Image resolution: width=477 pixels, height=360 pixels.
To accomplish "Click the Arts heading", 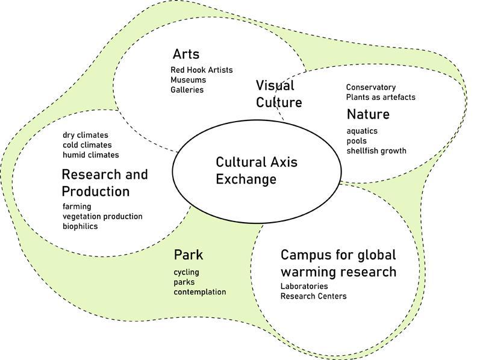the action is point(185,54).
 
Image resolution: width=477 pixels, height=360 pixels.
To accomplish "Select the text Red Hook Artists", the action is point(201,70).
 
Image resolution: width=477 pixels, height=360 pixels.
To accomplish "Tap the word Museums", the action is point(188,80).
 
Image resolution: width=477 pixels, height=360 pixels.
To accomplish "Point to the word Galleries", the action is point(187,90).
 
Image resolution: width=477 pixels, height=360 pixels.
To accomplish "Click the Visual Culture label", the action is point(278,93).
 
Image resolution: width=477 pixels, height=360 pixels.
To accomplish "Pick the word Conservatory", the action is point(370,87).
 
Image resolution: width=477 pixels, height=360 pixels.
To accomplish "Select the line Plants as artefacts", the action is point(380,97).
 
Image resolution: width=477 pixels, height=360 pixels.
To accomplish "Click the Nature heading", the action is point(367,114).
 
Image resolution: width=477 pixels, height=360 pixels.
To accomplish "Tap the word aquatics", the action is point(362,131).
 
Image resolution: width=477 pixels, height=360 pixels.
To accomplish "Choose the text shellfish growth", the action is point(376,151).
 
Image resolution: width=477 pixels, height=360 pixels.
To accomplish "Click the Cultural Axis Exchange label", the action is point(257,170).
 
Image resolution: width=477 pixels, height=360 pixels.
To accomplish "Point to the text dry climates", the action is point(84,135).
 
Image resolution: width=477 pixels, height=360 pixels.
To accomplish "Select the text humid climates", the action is point(90,155).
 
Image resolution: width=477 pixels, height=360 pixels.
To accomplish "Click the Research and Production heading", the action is point(104,182).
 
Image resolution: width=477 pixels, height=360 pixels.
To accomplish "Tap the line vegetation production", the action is point(102,216).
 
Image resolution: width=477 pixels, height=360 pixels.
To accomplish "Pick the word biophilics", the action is point(80,226).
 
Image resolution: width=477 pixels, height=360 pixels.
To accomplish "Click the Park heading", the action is point(188,255).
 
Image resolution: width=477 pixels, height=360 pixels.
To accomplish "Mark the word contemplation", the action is point(200,292).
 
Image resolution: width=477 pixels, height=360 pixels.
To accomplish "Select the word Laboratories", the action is point(304,286).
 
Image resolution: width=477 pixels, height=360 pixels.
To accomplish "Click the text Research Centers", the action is point(313,296).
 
